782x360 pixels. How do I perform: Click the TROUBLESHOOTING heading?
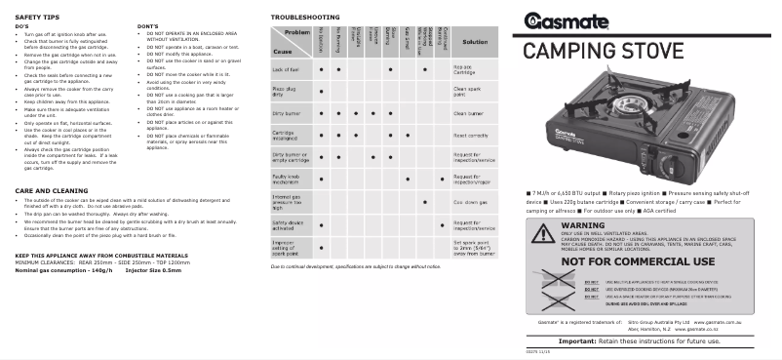point(304,18)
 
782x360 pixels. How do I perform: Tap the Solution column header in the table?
point(475,43)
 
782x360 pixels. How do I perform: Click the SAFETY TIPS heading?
point(40,18)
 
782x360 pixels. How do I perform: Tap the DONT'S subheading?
point(148,24)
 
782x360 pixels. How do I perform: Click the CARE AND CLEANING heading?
point(55,190)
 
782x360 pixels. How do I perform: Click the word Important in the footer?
point(596,342)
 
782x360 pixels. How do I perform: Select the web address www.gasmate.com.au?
point(718,321)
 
